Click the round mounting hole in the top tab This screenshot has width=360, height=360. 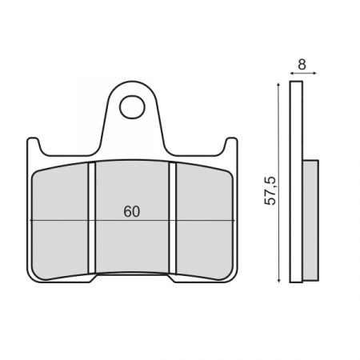(x=132, y=106)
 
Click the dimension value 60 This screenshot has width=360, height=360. (x=132, y=212)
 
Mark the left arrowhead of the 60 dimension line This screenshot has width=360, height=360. (x=32, y=220)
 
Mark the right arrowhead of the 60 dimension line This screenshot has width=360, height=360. (x=233, y=220)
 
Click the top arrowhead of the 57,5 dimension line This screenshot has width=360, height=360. (x=278, y=84)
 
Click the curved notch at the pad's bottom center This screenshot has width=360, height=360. (x=132, y=277)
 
